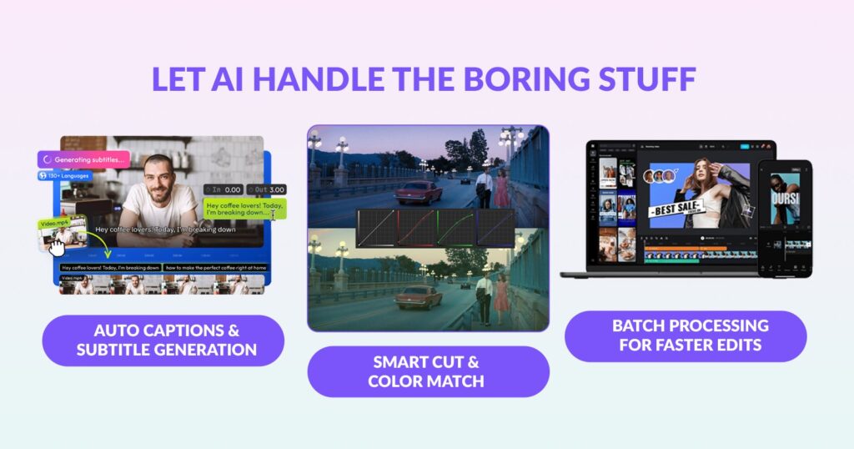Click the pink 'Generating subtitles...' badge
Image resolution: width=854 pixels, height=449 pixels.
(x=83, y=158)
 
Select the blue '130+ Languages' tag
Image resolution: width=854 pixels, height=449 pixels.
(x=64, y=176)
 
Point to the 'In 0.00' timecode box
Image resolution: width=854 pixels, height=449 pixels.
(x=224, y=189)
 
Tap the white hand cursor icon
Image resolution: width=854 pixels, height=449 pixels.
(x=56, y=247)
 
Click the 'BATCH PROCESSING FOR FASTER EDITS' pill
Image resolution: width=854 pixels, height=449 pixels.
(x=685, y=335)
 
